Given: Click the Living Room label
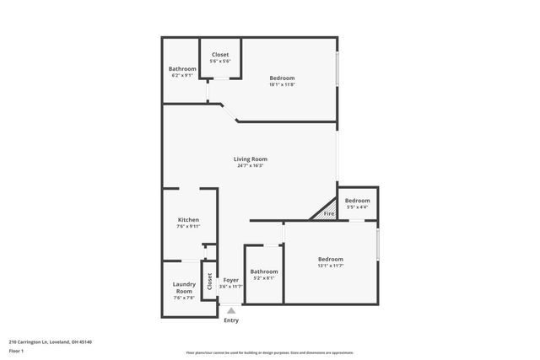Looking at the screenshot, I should tap(251, 159).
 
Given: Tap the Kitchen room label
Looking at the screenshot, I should tap(187, 219).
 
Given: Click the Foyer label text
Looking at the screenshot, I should tap(230, 279).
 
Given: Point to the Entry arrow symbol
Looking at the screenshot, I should tap(230, 310).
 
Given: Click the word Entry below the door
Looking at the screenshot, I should tap(230, 320).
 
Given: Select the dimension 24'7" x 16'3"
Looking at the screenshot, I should tap(251, 165).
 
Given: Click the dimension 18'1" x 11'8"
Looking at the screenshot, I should tap(282, 84).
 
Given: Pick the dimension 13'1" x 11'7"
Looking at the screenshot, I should tap(330, 266).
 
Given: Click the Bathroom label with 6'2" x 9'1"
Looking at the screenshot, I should tap(182, 69).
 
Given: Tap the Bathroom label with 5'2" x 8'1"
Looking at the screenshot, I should tap(263, 271).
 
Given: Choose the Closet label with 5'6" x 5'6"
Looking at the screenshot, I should tap(220, 55).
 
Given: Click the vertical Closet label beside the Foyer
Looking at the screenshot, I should tap(209, 282).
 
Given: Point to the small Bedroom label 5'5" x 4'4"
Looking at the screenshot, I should tap(357, 200).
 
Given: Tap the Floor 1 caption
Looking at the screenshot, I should tap(16, 351).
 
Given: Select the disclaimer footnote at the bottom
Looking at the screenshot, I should tap(269, 352).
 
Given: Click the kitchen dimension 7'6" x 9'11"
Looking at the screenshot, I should tap(187, 226).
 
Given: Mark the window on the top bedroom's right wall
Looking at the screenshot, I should tap(337, 69).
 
